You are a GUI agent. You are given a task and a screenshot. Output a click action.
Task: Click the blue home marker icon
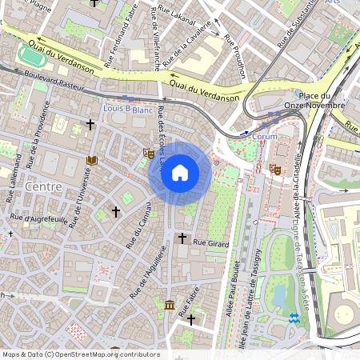180,173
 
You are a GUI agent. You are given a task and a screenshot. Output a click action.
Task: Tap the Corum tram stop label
265,136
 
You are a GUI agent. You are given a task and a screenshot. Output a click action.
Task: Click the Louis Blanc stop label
128,109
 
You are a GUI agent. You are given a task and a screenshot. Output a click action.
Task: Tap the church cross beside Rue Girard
182,238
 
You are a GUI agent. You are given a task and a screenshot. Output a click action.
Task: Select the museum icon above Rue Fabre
170,305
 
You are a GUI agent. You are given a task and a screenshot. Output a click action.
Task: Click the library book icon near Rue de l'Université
90,161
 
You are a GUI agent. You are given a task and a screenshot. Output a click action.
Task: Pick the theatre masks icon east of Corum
275,169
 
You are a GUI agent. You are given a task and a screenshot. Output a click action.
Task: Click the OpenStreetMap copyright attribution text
80,354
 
